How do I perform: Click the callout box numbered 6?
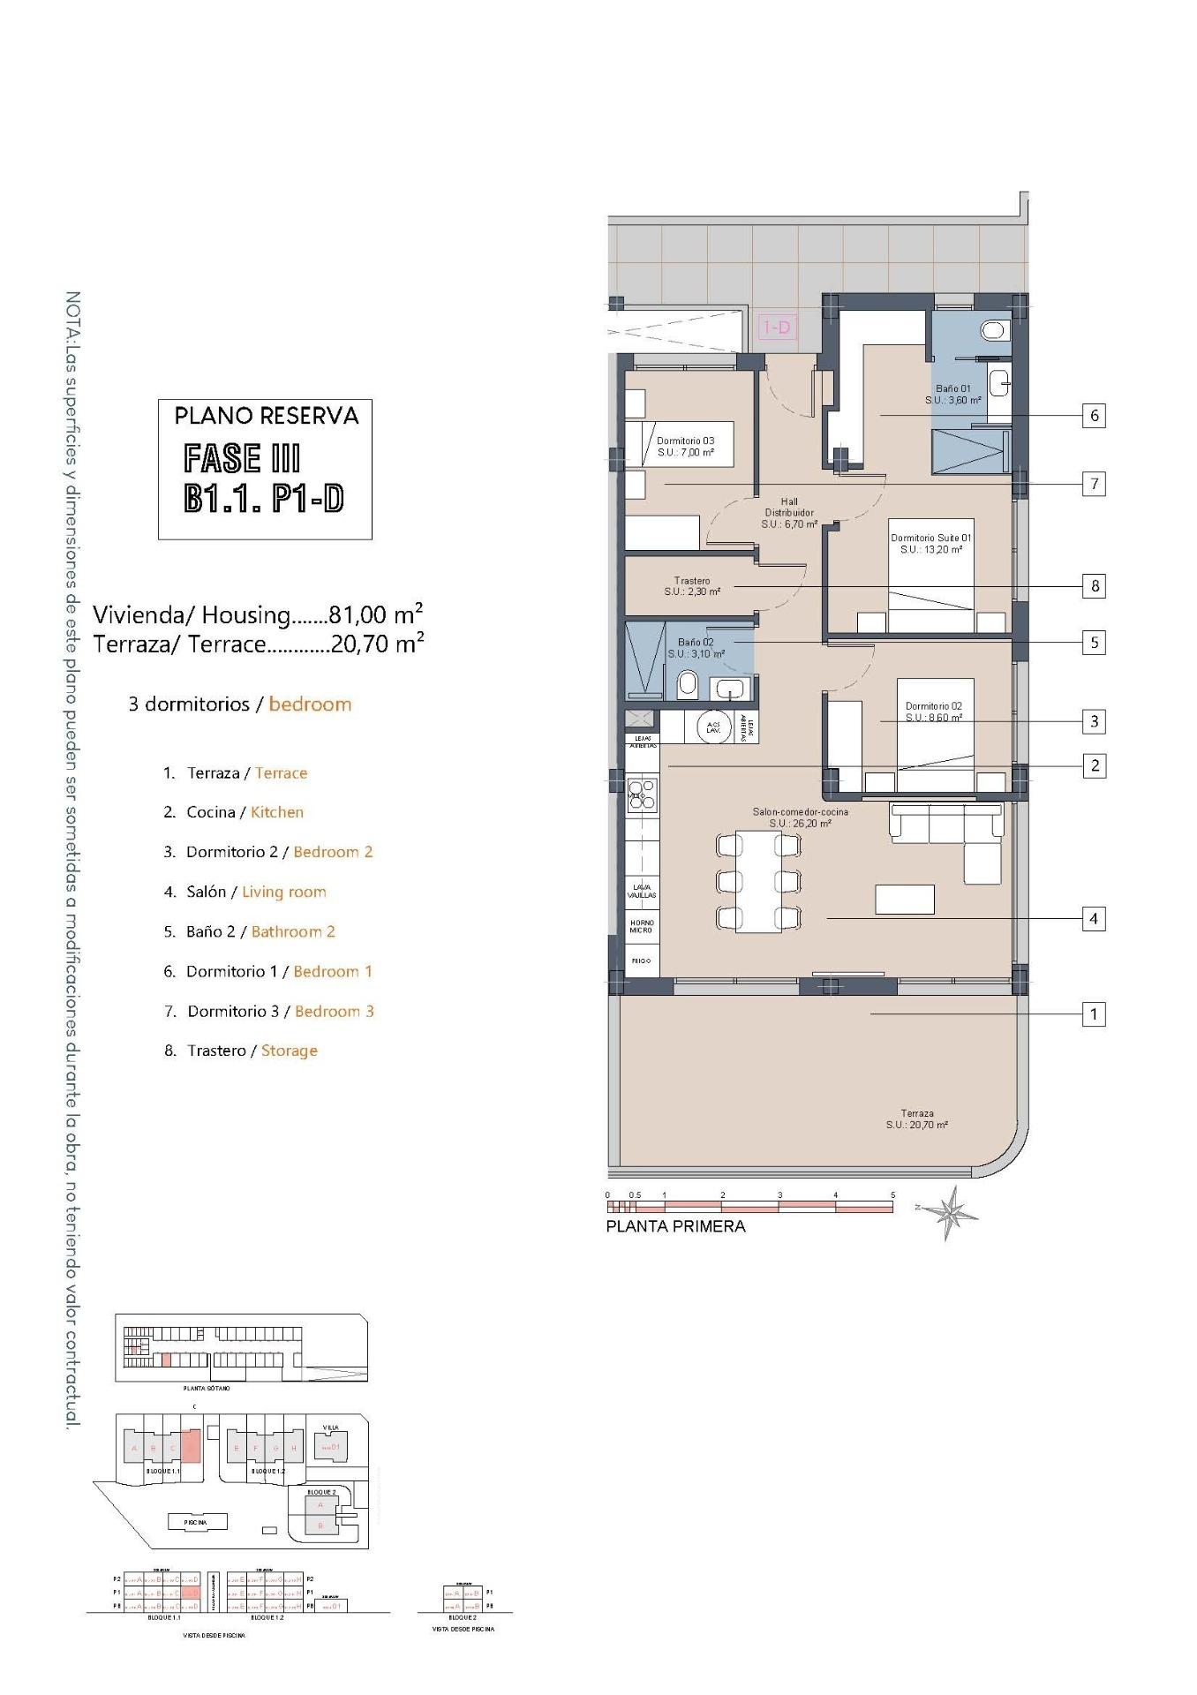1094,415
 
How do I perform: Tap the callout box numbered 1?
1094,1014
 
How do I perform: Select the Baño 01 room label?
952,395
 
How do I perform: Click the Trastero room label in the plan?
692,586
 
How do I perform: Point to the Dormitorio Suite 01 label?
930,543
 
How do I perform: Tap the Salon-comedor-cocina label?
800,817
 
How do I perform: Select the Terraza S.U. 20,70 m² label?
917,1119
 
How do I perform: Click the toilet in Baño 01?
994,330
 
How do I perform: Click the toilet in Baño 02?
688,684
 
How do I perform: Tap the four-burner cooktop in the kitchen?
642,793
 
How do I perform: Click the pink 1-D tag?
777,328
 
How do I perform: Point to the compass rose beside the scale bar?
952,1214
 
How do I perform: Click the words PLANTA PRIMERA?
675,1226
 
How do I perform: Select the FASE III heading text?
242,458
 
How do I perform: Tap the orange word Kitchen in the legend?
277,812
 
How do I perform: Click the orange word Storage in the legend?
289,1051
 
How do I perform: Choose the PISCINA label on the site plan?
196,1522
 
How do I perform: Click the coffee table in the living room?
904,900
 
